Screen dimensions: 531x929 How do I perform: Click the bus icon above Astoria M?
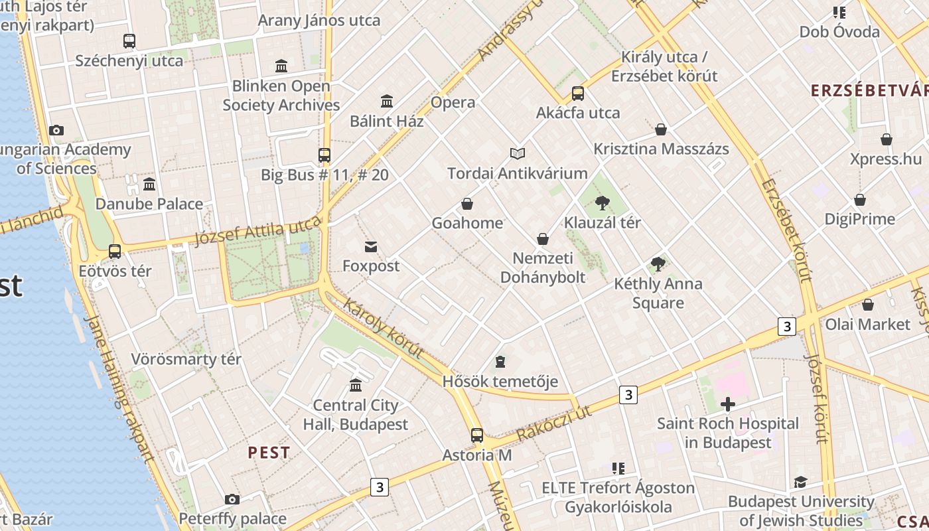pyautogui.click(x=477, y=435)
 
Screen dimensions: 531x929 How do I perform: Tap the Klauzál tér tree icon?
pyautogui.click(x=603, y=203)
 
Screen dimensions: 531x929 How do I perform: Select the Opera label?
pyautogui.click(x=453, y=102)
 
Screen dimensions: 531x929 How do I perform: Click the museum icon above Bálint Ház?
pyautogui.click(x=387, y=102)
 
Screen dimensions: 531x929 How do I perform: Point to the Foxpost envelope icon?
pyautogui.click(x=371, y=248)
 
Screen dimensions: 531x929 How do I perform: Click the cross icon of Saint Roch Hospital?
pyautogui.click(x=728, y=404)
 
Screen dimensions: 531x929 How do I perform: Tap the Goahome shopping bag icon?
pyautogui.click(x=467, y=204)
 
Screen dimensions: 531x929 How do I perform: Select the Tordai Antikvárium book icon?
pyautogui.click(x=518, y=154)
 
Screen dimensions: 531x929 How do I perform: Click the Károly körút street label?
pyautogui.click(x=384, y=329)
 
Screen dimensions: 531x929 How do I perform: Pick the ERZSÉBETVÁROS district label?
pyautogui.click(x=869, y=91)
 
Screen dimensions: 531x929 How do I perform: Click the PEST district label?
pyautogui.click(x=269, y=453)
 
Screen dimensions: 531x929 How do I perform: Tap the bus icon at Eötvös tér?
pyautogui.click(x=115, y=252)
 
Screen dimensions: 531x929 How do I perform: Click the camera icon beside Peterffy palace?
pyautogui.click(x=232, y=499)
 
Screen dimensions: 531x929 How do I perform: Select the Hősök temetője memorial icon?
pyautogui.click(x=500, y=362)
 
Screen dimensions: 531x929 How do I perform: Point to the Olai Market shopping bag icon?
pyautogui.click(x=867, y=305)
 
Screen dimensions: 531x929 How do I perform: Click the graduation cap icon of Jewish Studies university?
pyautogui.click(x=800, y=483)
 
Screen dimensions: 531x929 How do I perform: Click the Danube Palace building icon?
pyautogui.click(x=149, y=184)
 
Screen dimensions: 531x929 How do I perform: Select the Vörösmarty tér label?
pyautogui.click(x=186, y=359)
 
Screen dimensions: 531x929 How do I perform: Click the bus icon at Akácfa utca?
pyautogui.click(x=578, y=94)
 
